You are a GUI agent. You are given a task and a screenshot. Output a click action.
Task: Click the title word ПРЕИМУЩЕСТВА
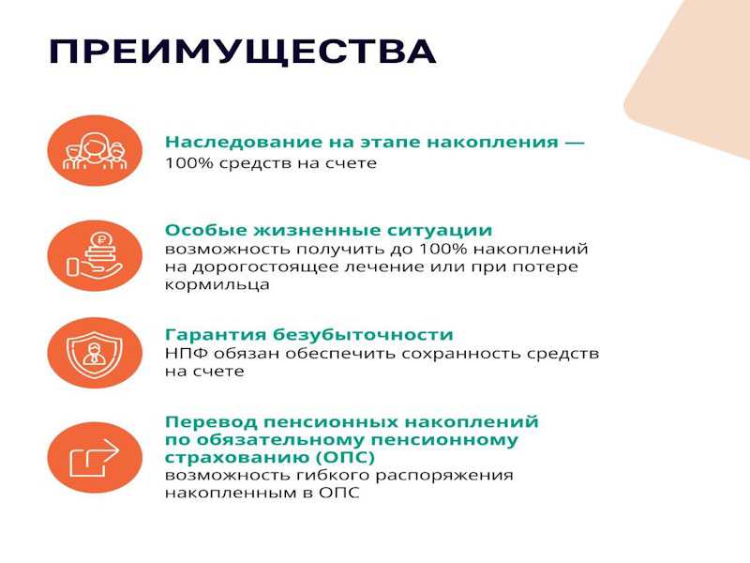(242, 53)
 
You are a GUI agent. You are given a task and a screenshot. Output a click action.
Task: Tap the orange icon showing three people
(95, 151)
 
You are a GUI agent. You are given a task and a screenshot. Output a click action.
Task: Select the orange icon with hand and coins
(95, 255)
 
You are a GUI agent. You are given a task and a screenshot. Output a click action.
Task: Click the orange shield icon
(95, 353)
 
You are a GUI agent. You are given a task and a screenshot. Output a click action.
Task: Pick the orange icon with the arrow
(95, 457)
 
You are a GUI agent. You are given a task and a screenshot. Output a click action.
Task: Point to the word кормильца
(217, 285)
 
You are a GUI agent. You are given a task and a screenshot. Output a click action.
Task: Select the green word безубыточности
(363, 334)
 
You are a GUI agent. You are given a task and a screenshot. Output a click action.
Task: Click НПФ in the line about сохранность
(187, 354)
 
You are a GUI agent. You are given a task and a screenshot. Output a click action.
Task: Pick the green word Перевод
(211, 421)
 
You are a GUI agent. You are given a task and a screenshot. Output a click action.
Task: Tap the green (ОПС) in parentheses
(345, 457)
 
